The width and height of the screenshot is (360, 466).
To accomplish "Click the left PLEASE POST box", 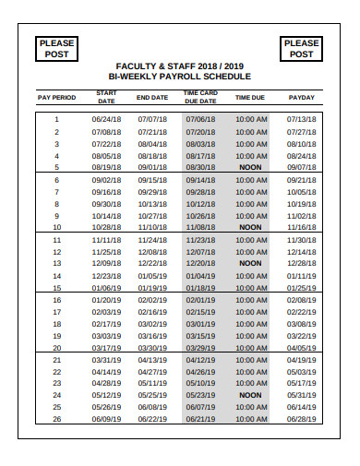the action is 56,48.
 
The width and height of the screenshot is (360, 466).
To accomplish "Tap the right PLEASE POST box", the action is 301,48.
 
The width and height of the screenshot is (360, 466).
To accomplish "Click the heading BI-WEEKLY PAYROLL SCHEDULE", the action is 179,77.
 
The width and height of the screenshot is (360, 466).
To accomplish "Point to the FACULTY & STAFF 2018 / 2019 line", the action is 179,65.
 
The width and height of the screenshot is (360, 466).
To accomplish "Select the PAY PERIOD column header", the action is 56,97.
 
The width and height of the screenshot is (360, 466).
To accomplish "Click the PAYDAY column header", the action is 301,97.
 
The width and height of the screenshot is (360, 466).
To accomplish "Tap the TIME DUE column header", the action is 249,97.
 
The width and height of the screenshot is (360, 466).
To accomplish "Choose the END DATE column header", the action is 152,97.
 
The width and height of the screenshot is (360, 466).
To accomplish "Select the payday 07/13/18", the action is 301,119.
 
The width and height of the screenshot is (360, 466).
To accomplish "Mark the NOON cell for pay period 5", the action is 249,167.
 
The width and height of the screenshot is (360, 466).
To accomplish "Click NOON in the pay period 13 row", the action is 249,263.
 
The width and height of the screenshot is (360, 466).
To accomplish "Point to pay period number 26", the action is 56,419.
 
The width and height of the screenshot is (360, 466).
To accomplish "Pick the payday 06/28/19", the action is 301,419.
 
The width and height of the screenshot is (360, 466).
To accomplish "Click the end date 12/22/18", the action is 152,263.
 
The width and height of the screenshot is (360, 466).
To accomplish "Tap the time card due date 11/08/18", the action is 200,227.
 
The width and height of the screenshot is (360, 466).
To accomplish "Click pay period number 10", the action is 56,227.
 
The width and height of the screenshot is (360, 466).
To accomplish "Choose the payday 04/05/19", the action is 301,348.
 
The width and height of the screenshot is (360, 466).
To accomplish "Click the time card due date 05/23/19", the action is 200,395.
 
